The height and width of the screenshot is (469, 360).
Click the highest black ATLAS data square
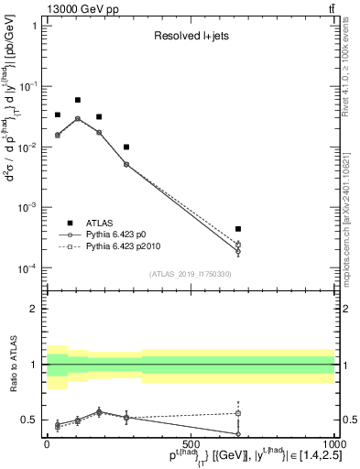tap(78, 100)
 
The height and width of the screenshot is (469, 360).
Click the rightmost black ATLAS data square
tap(238, 229)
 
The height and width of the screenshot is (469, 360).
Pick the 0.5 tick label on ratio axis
tap(30, 420)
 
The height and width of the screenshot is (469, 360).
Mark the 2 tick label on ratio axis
tap(34, 309)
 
